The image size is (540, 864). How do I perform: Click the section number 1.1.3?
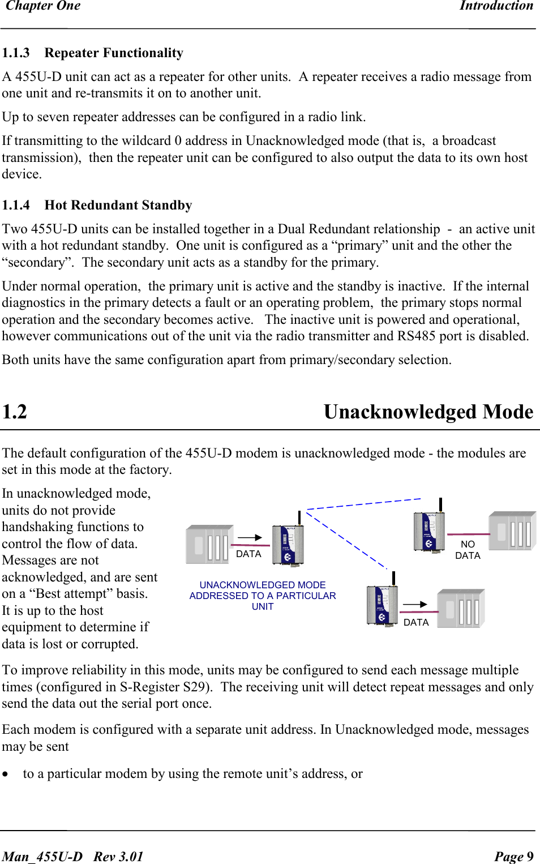click(x=16, y=53)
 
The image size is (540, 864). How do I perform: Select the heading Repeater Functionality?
click(x=114, y=53)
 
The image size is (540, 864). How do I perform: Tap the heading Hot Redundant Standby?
click(x=118, y=206)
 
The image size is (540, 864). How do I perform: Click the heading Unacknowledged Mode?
click(x=428, y=412)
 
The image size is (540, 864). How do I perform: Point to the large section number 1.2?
click(x=15, y=412)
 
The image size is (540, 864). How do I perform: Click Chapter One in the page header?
click(x=43, y=6)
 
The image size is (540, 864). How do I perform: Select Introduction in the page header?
click(x=496, y=6)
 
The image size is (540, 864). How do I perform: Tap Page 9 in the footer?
click(x=513, y=856)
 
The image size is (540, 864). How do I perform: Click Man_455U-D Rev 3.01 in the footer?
click(x=72, y=856)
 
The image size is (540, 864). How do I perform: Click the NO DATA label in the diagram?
click(x=468, y=550)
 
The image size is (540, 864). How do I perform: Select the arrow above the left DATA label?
click(x=250, y=537)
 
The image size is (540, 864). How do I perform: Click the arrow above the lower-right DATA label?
click(x=415, y=605)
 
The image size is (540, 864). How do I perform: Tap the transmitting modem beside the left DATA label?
click(x=288, y=544)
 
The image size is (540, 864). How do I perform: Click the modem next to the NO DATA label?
click(x=429, y=531)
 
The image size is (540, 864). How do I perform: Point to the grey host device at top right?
click(x=512, y=531)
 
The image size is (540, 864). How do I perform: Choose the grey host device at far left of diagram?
click(x=209, y=544)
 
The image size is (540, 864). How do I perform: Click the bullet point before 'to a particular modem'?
click(x=6, y=775)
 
